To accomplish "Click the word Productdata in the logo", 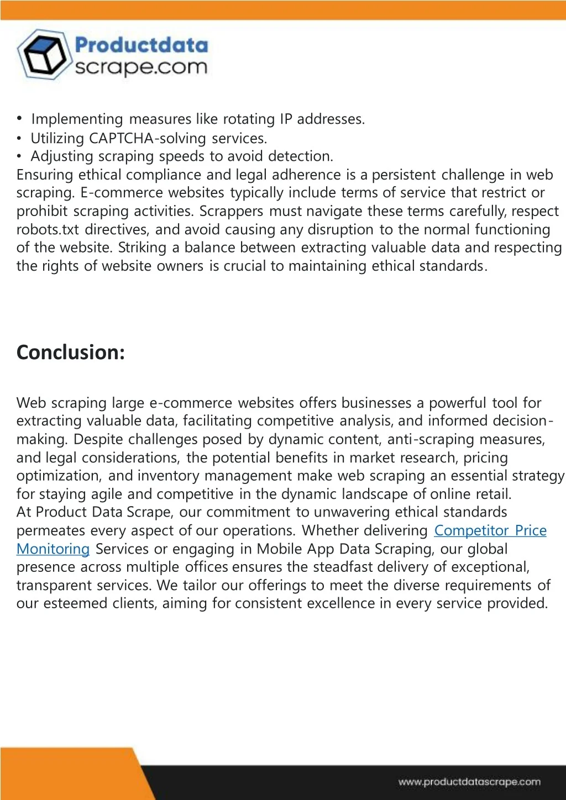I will [x=141, y=45].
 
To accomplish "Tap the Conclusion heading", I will [x=71, y=352].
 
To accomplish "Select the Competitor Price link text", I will [x=490, y=530].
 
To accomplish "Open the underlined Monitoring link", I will [x=53, y=549].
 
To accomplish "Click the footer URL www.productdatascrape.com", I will [x=469, y=782].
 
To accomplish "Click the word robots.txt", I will [x=48, y=229].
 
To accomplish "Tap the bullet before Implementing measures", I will [x=19, y=118].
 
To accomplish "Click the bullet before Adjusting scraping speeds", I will [x=19, y=156].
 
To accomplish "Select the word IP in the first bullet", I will [x=286, y=119].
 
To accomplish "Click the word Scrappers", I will [x=231, y=211].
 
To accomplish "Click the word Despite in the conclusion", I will [x=100, y=439].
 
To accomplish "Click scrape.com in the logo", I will [x=141, y=67].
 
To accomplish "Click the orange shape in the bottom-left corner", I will [x=66, y=773].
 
